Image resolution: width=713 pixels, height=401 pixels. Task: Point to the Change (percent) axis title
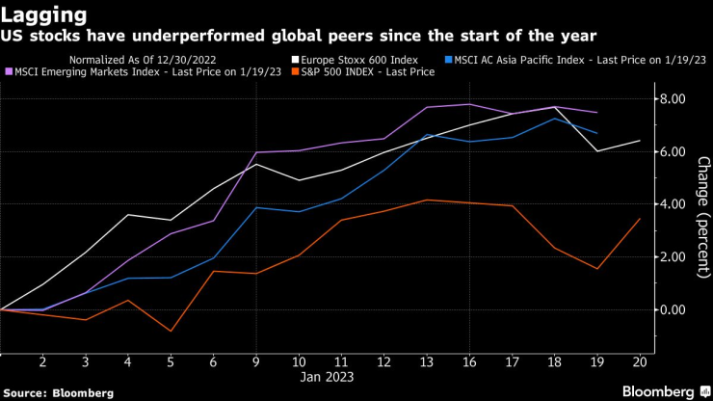[702, 217]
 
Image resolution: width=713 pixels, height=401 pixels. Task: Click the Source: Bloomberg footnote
[58, 392]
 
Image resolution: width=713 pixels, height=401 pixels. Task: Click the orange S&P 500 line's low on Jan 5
[172, 332]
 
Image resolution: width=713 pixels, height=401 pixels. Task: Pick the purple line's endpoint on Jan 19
[597, 113]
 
